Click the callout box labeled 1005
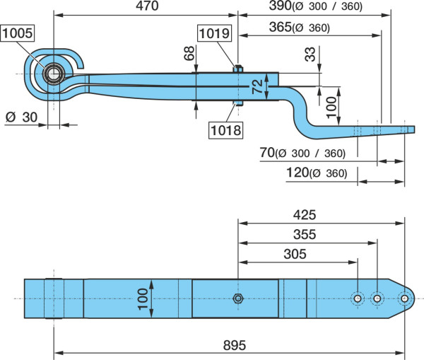tap(18, 33)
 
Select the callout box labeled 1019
tap(214, 33)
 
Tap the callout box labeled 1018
tap(226, 130)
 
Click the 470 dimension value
tap(147, 6)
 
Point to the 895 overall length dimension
tap(235, 345)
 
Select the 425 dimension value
tap(305, 214)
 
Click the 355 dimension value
tap(305, 234)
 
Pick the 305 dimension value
tap(295, 254)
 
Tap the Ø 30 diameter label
tap(21, 117)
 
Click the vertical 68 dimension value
tap(189, 53)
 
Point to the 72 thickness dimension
tap(257, 86)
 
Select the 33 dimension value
tap(310, 54)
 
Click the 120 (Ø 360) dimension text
tap(317, 173)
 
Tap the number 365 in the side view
tap(280, 27)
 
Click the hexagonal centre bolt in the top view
tap(238, 298)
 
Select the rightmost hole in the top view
tap(404, 298)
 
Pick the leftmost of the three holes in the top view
tap(358, 298)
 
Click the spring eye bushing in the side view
tap(54, 74)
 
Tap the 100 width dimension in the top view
tap(143, 299)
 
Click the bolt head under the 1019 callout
tap(238, 69)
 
